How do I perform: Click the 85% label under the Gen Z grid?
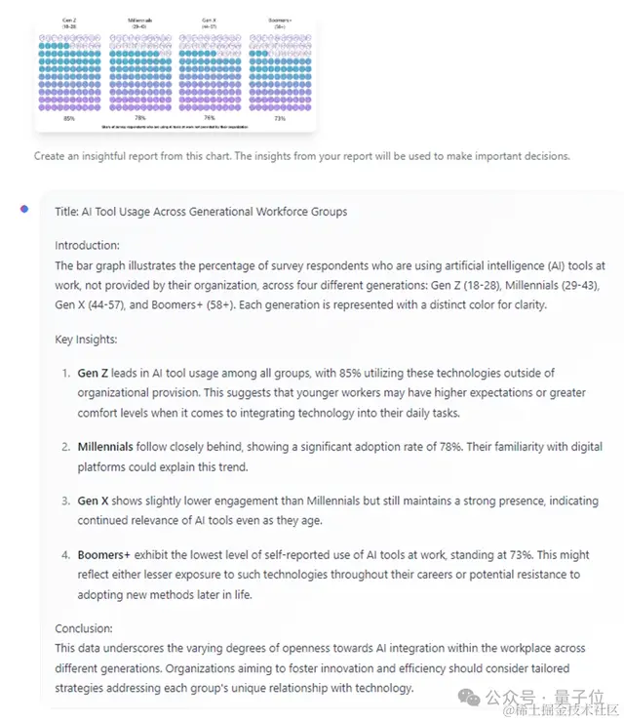tap(68, 118)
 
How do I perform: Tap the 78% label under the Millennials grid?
tap(140, 118)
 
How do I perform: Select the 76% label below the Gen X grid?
tap(210, 118)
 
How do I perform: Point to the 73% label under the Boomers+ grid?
tap(280, 118)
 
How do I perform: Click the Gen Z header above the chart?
tap(68, 19)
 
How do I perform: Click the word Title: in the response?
tap(67, 211)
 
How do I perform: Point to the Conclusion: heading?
tap(84, 628)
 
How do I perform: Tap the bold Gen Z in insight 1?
tap(95, 374)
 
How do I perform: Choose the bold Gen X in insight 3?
tap(94, 501)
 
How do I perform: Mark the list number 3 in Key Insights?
tap(65, 501)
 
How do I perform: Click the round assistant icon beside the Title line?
tap(24, 209)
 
